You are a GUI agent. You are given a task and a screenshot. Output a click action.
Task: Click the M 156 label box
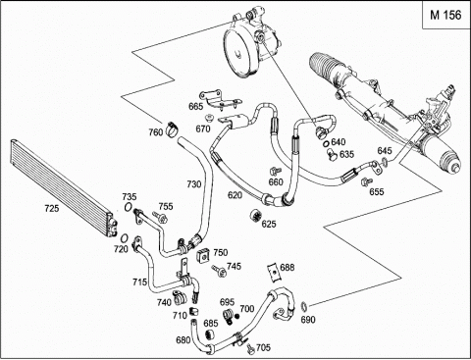coord(445,15)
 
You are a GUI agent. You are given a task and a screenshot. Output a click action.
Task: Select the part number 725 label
coord(52,208)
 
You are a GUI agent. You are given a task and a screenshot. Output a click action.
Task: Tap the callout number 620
coord(235,195)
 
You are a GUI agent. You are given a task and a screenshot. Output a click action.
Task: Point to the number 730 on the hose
coord(194,184)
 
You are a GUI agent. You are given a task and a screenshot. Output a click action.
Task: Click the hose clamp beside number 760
coord(173,129)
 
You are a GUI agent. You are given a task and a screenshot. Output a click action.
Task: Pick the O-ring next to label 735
coord(128,207)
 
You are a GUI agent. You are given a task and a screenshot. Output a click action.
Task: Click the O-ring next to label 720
coord(125,238)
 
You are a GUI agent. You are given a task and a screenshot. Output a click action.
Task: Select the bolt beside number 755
coord(160,218)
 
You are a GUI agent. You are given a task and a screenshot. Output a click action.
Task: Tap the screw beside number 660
coord(276,171)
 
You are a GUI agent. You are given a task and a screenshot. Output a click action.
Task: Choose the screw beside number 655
coord(367,181)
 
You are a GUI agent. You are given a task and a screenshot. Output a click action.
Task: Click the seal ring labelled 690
coord(304,306)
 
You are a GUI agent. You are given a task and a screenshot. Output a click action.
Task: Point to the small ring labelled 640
coord(326,143)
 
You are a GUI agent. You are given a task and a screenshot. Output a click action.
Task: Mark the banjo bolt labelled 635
coord(333,154)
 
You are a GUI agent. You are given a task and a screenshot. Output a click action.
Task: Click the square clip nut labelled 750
coord(203,255)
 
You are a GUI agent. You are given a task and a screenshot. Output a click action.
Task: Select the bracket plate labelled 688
coord(274,271)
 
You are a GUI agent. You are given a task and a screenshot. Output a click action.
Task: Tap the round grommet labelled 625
coord(255,216)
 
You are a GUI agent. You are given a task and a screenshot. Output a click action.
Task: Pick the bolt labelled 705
coord(250,349)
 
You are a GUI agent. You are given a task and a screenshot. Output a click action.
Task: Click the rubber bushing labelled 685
coord(208,334)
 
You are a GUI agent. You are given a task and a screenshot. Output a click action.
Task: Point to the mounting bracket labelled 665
coord(221,99)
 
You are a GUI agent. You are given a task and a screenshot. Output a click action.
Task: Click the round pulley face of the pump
coord(239,53)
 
